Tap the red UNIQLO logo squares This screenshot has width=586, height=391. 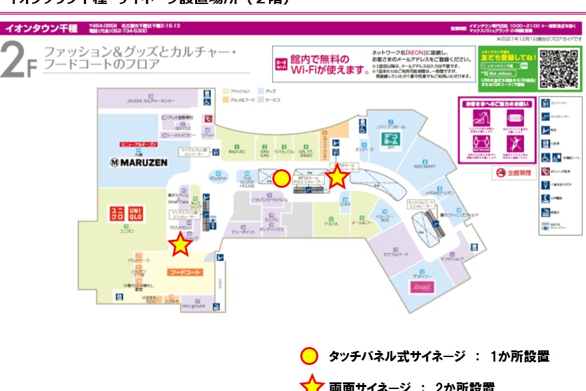[x=127, y=213]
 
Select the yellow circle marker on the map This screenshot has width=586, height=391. [x=282, y=179]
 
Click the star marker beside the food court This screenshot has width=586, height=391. [x=180, y=245]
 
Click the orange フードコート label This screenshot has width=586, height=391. [x=185, y=272]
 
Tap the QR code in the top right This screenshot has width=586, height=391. [x=557, y=67]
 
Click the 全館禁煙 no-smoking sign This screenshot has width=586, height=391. [x=513, y=173]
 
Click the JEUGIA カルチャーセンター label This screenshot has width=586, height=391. [x=150, y=101]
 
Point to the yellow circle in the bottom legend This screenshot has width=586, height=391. [x=308, y=356]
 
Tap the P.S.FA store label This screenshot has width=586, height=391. [x=331, y=224]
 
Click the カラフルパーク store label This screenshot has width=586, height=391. [x=396, y=254]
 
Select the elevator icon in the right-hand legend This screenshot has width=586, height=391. [x=546, y=103]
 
